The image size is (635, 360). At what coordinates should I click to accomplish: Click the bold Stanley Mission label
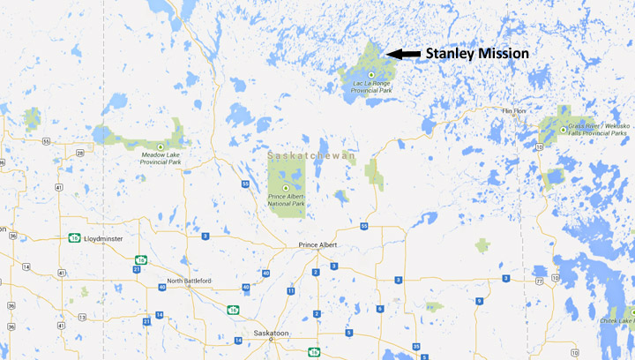pos(477,54)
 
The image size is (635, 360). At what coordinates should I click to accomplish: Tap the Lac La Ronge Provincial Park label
pos(371,86)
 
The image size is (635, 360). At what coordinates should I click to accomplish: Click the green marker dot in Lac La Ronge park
pos(372,74)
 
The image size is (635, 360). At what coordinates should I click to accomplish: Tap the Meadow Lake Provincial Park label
pos(161,159)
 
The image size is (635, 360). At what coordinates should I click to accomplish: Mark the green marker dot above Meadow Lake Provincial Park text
pos(160,146)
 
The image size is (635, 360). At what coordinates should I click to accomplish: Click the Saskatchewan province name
pos(312,155)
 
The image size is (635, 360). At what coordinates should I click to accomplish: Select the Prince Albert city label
pos(319,244)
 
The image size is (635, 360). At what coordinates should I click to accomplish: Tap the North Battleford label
pos(186,281)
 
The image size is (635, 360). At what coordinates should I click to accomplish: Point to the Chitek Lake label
pos(617,319)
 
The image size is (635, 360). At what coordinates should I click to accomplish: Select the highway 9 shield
pos(478,301)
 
